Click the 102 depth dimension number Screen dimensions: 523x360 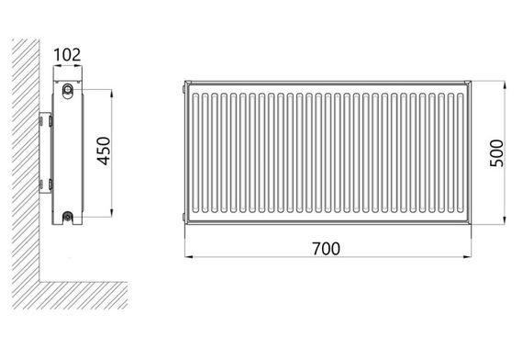click(x=67, y=55)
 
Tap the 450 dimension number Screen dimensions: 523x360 click(x=104, y=151)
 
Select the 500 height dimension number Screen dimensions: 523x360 click(x=496, y=153)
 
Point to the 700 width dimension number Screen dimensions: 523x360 click(x=327, y=249)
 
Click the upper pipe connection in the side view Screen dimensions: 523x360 click(x=68, y=89)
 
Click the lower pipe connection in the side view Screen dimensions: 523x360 click(x=68, y=217)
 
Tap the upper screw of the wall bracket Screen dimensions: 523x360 click(x=50, y=120)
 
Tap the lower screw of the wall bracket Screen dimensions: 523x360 click(x=50, y=185)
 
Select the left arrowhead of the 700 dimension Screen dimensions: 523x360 click(x=189, y=257)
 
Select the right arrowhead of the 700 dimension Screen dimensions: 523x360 click(x=467, y=257)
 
